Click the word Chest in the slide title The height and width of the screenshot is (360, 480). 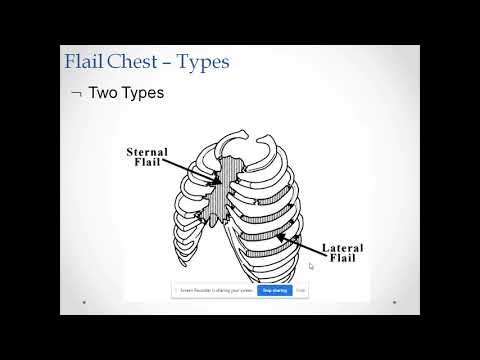pos(137,62)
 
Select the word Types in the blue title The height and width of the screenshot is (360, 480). pos(205,62)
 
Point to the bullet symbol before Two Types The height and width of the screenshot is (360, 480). pos(76,94)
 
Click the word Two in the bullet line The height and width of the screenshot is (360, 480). pos(104,93)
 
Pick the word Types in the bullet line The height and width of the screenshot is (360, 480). pos(143,93)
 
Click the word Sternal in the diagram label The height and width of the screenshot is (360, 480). pos(147,153)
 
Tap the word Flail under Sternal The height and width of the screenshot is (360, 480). pos(147,165)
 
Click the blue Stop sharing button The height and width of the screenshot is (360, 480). pos(274,291)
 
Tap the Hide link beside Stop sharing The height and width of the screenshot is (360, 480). pos(300,291)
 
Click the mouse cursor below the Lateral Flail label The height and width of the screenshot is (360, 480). pos(312,267)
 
